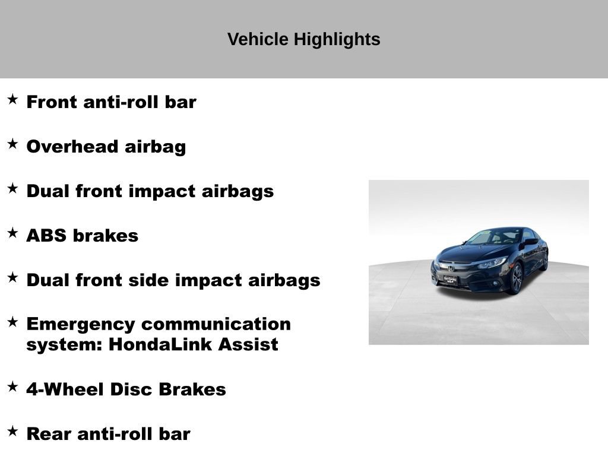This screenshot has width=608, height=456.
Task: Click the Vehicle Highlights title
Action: pyautogui.click(x=303, y=39)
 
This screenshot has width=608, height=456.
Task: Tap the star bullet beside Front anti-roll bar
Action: pyautogui.click(x=12, y=100)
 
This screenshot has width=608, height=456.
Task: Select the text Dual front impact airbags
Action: pyautogui.click(x=150, y=191)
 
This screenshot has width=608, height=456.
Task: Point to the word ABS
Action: pyautogui.click(x=46, y=236)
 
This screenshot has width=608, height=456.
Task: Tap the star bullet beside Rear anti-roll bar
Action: pyautogui.click(x=12, y=432)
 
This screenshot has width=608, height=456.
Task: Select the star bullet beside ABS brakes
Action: pyautogui.click(x=12, y=233)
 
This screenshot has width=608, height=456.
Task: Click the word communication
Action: pyautogui.click(x=216, y=324)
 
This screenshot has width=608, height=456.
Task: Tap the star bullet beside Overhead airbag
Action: pyautogui.click(x=12, y=144)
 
